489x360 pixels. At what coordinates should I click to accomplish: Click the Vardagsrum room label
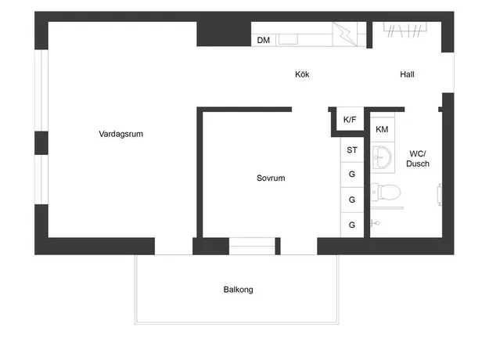[121, 134]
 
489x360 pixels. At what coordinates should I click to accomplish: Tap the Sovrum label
[271, 178]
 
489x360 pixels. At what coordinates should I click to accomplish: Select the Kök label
[302, 74]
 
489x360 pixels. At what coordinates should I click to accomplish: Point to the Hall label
[407, 74]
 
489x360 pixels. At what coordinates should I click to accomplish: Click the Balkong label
[239, 290]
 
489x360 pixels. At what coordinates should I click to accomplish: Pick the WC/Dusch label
[418, 158]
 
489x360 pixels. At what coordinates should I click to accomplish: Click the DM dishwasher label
[264, 40]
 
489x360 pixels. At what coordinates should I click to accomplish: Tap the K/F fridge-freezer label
[350, 120]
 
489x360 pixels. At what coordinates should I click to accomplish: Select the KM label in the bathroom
[382, 129]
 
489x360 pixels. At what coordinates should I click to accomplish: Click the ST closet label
[352, 150]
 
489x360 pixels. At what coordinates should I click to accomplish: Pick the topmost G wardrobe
[352, 174]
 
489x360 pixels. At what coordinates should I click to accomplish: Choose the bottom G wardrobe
[352, 225]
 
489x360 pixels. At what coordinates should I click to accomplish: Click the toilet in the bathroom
[386, 193]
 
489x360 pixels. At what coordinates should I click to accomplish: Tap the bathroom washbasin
[383, 157]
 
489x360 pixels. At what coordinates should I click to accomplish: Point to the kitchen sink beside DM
[288, 39]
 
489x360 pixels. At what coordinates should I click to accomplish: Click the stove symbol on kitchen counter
[344, 34]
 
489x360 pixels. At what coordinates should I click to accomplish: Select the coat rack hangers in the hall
[405, 31]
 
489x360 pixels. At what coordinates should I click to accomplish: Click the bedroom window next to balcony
[252, 247]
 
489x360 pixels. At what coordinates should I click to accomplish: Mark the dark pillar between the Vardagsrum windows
[41, 143]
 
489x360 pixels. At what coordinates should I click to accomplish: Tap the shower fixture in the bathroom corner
[375, 223]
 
